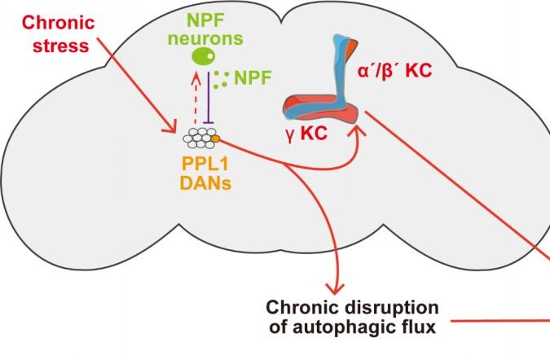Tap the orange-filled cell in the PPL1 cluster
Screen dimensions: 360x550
coord(215,138)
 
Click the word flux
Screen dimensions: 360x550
coord(422,328)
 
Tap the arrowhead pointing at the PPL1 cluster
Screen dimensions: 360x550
coord(171,130)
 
